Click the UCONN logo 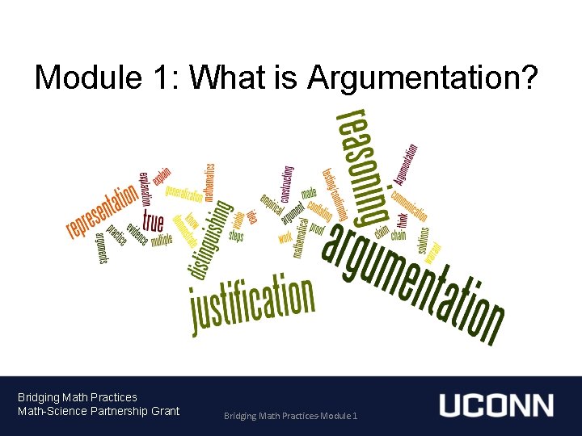tap(496, 405)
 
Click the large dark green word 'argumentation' tap(413, 279)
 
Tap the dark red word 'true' tap(153, 220)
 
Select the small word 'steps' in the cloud tap(236, 236)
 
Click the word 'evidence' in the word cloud tap(136, 228)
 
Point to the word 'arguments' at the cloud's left tap(101, 247)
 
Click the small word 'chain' tap(399, 236)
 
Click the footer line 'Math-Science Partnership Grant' tap(99, 411)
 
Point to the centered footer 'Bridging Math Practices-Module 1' tap(292, 416)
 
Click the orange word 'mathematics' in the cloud tap(209, 182)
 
